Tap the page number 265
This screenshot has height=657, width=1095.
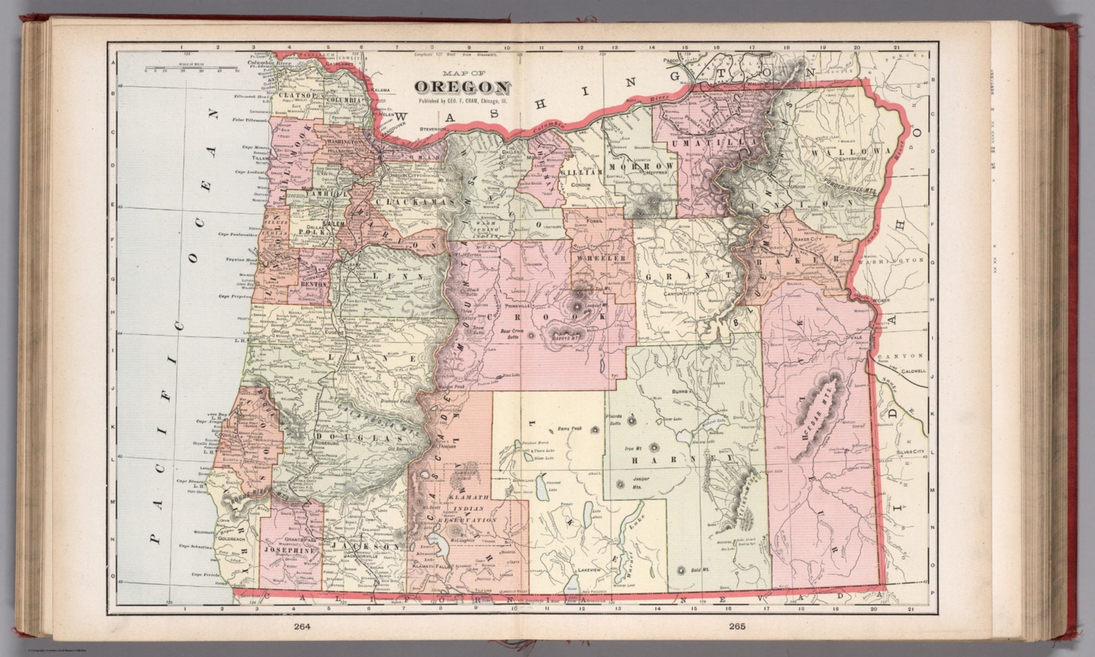(x=736, y=628)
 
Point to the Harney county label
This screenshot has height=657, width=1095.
(x=660, y=461)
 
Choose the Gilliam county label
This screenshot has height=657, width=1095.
(x=581, y=173)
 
